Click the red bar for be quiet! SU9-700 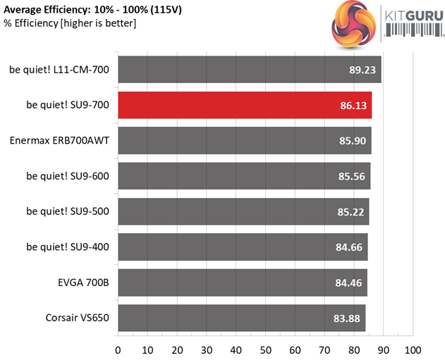(x=245, y=105)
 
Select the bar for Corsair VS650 (x=241, y=317)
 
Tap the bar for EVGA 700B (x=242, y=282)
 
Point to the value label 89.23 (x=358, y=70)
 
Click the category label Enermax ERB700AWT (x=59, y=141)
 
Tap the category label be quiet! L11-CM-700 (x=59, y=70)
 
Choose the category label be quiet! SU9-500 (x=68, y=211)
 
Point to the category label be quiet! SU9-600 (x=68, y=176)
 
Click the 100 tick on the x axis (x=413, y=349)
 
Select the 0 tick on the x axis (x=118, y=349)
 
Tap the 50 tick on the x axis (x=266, y=349)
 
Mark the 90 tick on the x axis (x=384, y=349)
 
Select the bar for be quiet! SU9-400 (x=243, y=247)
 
